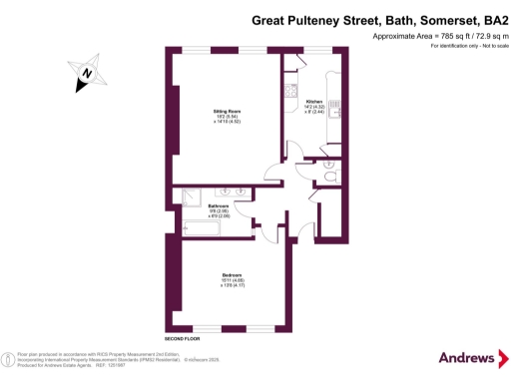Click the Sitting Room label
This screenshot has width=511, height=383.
(225, 111)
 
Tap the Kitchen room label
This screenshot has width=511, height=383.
(313, 102)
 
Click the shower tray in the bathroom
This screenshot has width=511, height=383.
(188, 197)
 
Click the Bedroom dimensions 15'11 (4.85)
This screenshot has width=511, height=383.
(233, 281)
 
